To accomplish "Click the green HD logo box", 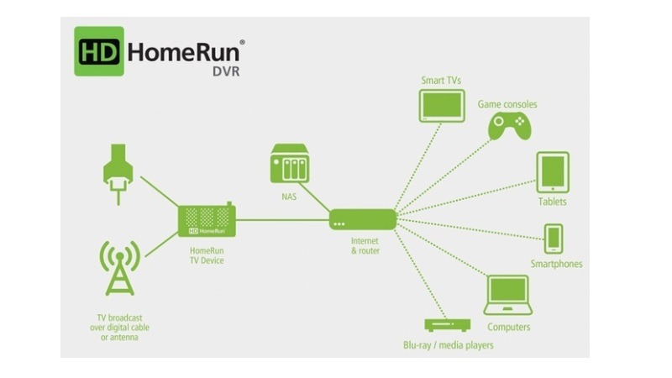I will pyautogui.click(x=98, y=50).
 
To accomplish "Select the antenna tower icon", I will pyautogui.click(x=120, y=267).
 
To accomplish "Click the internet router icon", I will pyautogui.click(x=362, y=220).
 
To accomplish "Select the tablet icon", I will pyautogui.click(x=553, y=172).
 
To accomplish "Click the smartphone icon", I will pyautogui.click(x=554, y=239).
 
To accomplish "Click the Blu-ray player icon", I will pyautogui.click(x=446, y=324).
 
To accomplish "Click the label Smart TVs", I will pyautogui.click(x=441, y=81).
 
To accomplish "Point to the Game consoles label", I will pyautogui.click(x=507, y=104).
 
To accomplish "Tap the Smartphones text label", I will pyautogui.click(x=555, y=264).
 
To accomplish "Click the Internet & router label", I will pyautogui.click(x=362, y=245).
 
